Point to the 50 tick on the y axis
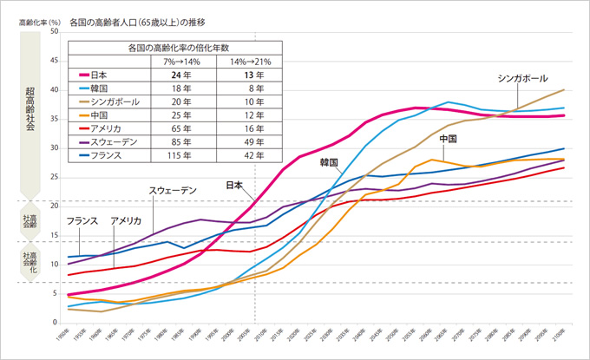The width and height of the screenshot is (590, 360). click(x=55, y=32)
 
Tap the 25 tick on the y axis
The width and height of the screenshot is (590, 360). click(x=55, y=177)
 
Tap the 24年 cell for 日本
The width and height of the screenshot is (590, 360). click(x=181, y=75)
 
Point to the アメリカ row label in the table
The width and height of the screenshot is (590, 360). click(x=109, y=128)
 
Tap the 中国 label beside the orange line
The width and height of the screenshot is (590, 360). click(x=449, y=139)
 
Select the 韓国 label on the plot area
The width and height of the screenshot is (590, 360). click(x=329, y=162)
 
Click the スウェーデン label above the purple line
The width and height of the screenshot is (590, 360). click(x=173, y=189)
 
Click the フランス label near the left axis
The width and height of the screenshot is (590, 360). click(x=82, y=221)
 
